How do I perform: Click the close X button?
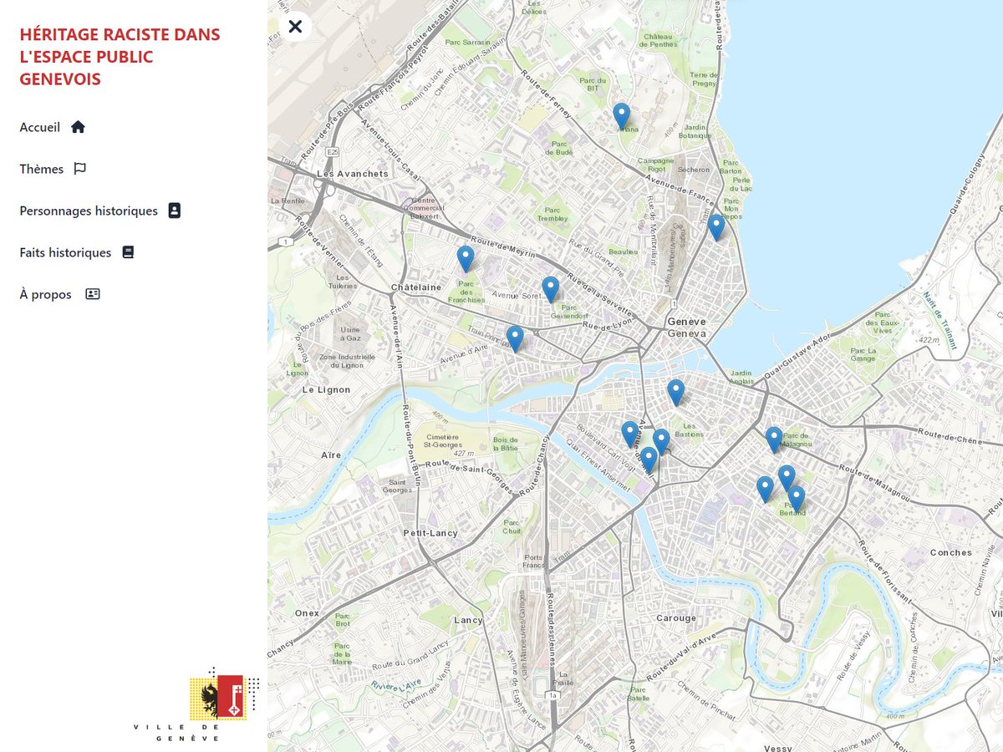pos(295,27)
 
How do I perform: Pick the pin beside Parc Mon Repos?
pos(715,227)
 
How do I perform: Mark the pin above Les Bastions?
pos(675,393)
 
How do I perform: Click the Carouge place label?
pos(675,618)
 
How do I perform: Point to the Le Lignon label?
pos(326,389)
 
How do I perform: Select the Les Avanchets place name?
pos(352,174)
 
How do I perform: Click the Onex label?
pos(307,613)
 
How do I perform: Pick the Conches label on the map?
pos(950,552)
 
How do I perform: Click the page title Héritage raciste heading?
pos(120,57)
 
